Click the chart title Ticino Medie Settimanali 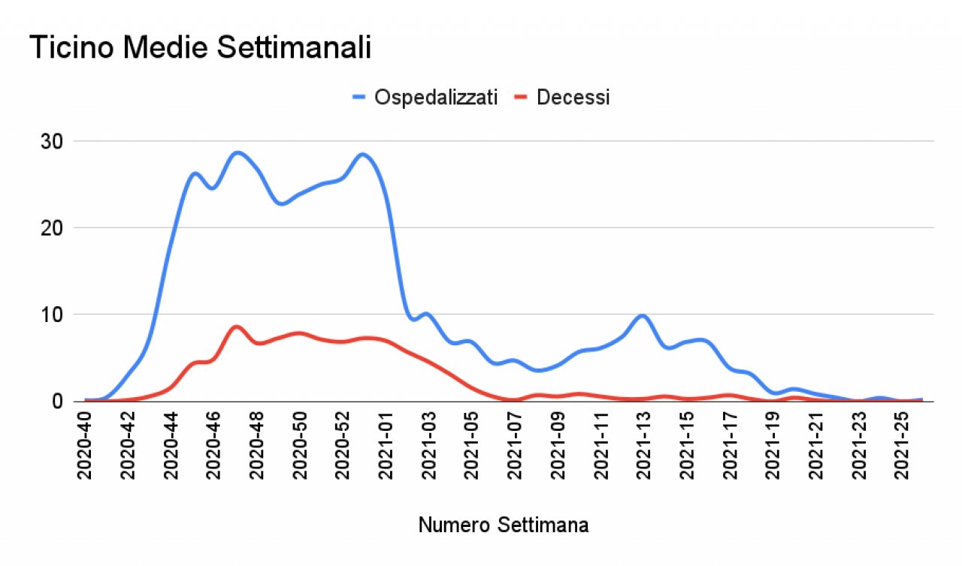[x=201, y=49]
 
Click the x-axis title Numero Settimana [x=504, y=525]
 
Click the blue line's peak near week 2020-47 [x=237, y=152]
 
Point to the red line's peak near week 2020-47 [x=237, y=326]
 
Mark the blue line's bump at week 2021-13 [x=642, y=315]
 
